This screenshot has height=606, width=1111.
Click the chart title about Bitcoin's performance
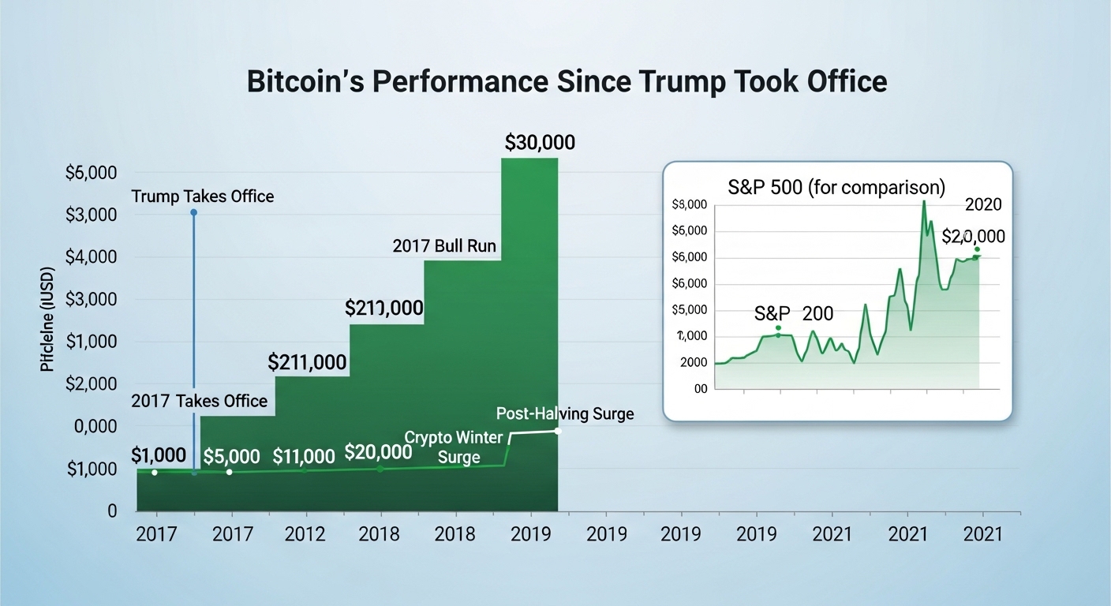567,82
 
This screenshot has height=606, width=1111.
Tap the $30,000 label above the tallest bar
540,143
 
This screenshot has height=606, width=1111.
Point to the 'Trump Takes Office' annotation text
203,196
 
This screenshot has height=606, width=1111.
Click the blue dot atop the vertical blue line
193,213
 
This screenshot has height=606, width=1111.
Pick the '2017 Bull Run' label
444,246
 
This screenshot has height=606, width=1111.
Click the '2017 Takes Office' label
200,401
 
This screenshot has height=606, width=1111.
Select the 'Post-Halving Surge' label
565,413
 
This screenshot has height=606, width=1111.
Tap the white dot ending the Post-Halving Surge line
557,431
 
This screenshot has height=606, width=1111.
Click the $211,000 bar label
307,362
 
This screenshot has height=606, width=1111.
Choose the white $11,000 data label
303,456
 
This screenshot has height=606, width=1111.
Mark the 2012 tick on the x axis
305,534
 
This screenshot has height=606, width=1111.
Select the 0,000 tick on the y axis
95,427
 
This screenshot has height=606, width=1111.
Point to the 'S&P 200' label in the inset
794,313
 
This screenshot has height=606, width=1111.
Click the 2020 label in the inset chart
983,205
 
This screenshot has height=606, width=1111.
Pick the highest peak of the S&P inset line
923,202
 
